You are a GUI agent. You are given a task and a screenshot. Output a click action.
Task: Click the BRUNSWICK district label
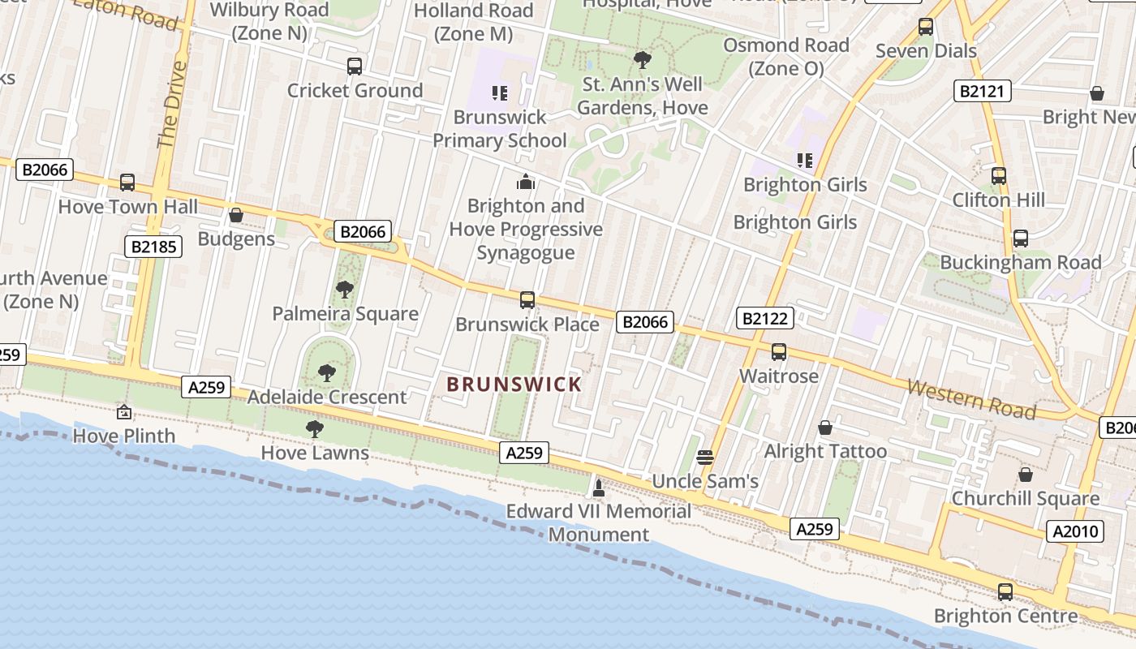point(514,385)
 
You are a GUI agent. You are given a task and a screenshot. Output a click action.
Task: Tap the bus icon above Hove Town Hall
point(127,183)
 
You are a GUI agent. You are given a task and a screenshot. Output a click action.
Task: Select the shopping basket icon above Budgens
point(236,215)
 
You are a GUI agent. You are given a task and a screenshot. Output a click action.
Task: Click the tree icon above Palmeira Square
point(345,290)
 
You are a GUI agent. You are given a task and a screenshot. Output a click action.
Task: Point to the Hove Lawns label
point(315,453)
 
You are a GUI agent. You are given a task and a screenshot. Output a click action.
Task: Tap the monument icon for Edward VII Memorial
point(599,488)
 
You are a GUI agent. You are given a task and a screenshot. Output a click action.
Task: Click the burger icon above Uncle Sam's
point(705,457)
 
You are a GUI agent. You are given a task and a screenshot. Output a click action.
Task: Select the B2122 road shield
point(764,318)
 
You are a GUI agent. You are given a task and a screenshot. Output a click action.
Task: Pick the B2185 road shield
point(153,246)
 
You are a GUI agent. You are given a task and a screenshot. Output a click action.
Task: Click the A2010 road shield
point(1075,531)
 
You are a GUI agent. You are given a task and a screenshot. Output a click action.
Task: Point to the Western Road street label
point(971,398)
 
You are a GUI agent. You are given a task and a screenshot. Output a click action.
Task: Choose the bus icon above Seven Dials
point(926,27)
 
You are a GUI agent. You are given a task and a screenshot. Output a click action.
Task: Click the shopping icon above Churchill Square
point(1026,475)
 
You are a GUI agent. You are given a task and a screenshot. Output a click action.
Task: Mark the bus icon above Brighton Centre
point(1005,591)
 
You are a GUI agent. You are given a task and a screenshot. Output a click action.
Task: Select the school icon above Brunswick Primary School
point(499,93)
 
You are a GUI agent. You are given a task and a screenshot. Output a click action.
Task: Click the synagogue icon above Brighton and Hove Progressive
point(526,182)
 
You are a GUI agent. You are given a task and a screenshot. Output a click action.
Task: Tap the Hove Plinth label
point(124,436)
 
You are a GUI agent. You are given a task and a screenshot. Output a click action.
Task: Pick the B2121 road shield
point(983,91)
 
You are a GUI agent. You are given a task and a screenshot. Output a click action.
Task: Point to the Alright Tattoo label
point(826,451)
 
